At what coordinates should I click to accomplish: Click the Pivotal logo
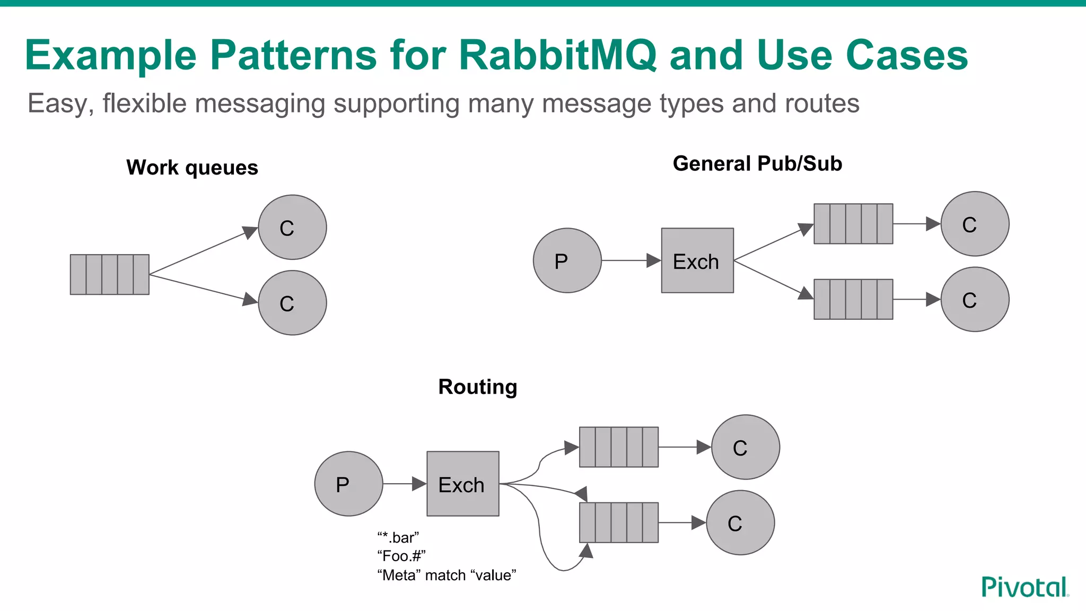1024,588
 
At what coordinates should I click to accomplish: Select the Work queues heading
192,168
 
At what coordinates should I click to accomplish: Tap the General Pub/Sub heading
757,163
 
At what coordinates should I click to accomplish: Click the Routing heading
477,387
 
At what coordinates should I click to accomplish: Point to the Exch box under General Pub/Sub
697,260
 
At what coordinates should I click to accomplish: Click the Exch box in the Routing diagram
463,484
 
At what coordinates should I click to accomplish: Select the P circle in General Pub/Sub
567,260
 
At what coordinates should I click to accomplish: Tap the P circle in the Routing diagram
348,484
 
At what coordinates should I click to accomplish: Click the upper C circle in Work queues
292,227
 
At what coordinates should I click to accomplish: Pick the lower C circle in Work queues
292,303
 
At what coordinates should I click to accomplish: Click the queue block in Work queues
110,274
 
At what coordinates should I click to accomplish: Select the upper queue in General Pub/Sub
853,224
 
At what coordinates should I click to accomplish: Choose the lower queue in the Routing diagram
619,522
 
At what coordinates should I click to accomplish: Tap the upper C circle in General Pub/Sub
975,224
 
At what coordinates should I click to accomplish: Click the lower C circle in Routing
740,522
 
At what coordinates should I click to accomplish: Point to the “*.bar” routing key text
398,538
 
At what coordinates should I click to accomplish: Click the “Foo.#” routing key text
401,556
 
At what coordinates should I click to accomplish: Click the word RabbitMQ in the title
557,55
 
